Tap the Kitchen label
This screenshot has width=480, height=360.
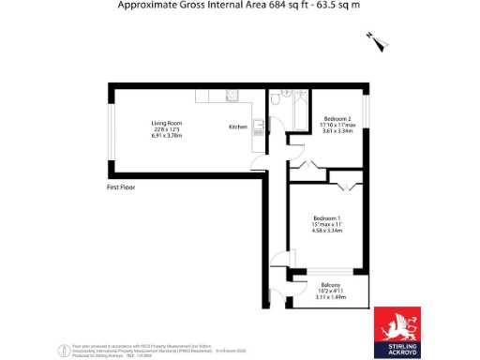pyautogui.click(x=238, y=127)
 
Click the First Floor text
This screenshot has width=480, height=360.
pyautogui.click(x=122, y=187)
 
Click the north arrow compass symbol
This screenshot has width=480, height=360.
pyautogui.click(x=377, y=39)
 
